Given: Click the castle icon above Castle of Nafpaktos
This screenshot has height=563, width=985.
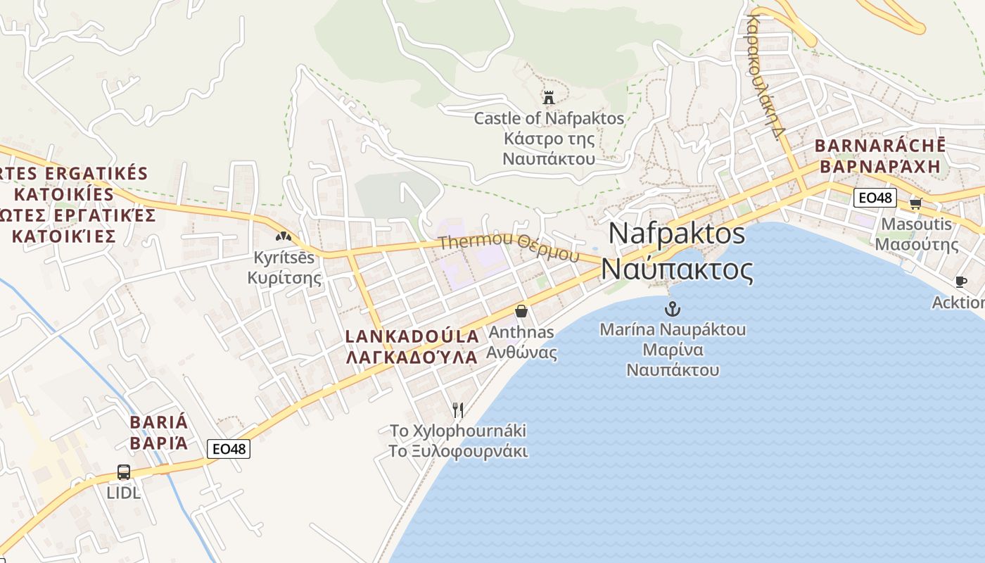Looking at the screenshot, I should pos(549,97).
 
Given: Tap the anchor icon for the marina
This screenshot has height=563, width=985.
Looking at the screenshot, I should pos(673,309).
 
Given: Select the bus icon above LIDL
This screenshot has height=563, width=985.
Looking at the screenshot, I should pos(124,472).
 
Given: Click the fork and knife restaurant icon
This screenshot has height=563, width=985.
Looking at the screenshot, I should pos(458,410).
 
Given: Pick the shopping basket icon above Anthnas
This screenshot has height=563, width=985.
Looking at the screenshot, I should pos(521,310).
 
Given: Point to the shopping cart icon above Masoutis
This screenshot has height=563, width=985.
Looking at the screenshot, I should pos(915,203).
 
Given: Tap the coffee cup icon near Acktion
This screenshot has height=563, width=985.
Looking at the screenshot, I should pos(961,282).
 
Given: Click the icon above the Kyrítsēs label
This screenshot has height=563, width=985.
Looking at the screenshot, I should pos(284,238).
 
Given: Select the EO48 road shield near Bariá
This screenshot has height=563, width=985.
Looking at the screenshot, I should pos(229,448).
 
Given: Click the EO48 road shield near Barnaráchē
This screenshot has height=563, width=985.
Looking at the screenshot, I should pos(875,198).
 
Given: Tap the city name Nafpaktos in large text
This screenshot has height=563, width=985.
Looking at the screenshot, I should pos(677,233).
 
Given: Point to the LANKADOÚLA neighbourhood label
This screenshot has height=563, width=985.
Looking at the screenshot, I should pos(412,336).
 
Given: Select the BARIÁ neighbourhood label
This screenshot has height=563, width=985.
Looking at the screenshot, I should pos(159,422).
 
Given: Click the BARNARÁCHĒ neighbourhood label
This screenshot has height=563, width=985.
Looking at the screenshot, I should pos(879,146).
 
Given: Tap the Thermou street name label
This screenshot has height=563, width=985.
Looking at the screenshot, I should pos(476,243).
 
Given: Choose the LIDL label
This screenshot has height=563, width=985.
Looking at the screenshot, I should pos(124,493).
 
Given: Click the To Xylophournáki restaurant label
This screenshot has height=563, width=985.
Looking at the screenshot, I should pos(458,430).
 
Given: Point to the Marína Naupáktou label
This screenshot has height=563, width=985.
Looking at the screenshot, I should pos(673,329).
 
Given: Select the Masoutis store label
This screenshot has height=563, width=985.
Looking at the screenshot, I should pos(916,224).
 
